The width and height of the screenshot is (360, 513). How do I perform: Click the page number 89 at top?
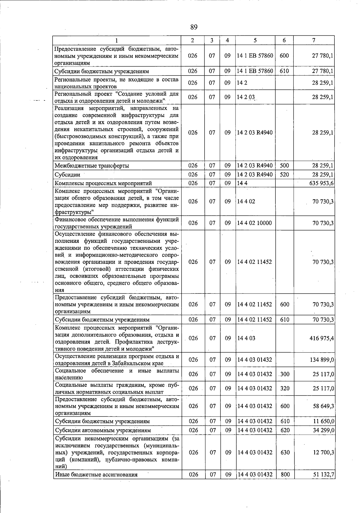(x=194, y=27)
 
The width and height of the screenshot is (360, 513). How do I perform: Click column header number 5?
(x=255, y=40)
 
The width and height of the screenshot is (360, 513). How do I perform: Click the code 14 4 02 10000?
(x=254, y=223)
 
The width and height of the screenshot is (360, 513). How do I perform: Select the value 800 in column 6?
(x=284, y=475)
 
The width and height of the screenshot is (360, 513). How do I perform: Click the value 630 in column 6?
(x=284, y=452)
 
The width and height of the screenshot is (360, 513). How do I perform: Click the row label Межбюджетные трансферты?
(x=92, y=166)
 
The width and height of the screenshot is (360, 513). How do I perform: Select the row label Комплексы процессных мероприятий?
(x=103, y=183)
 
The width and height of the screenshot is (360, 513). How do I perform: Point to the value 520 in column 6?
(x=284, y=174)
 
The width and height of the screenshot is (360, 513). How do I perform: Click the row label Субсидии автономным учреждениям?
(x=103, y=430)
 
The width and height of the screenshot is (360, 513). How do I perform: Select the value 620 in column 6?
(x=284, y=430)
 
